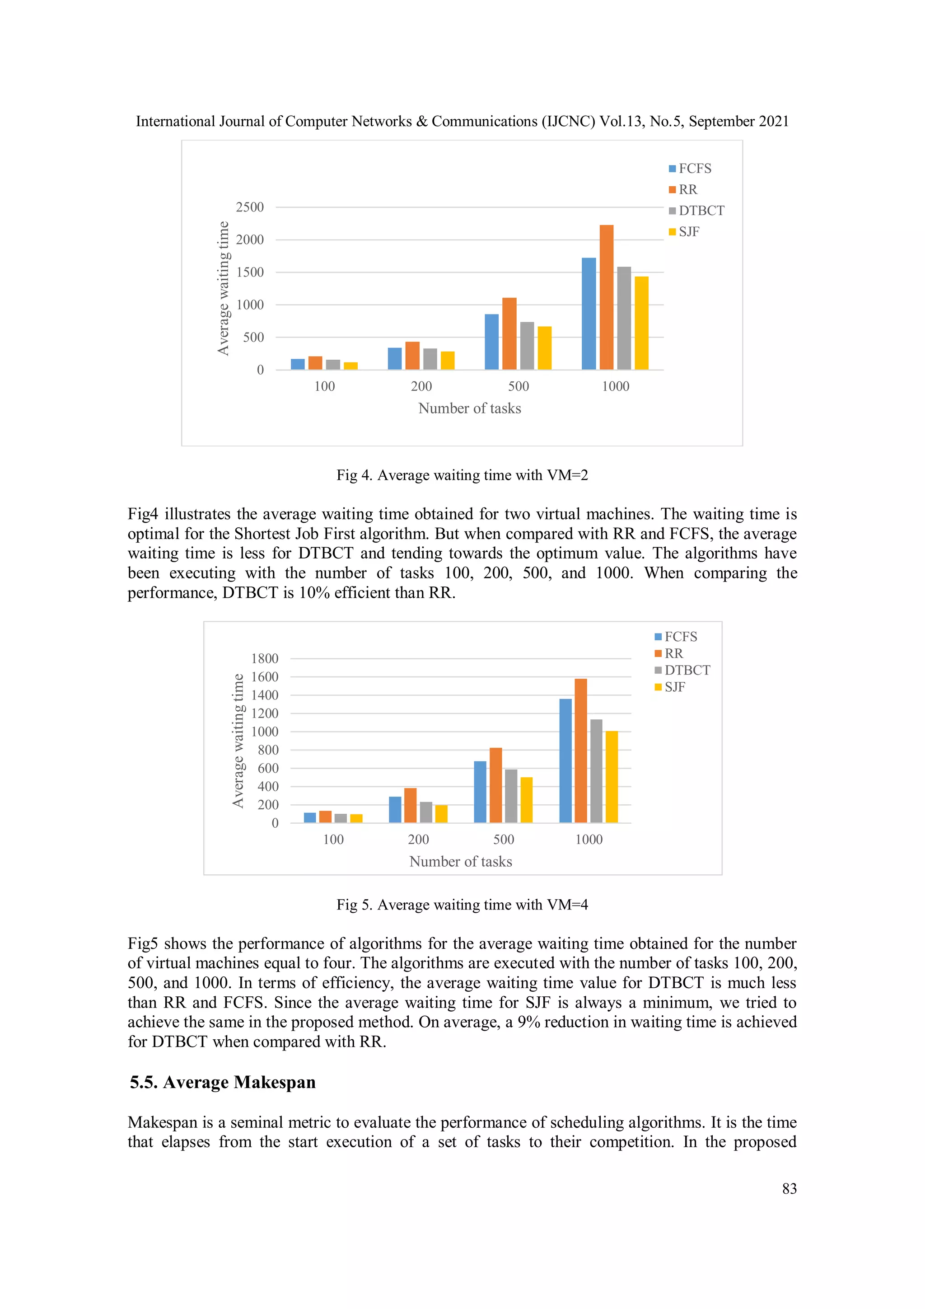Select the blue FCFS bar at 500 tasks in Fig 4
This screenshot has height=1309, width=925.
click(491, 342)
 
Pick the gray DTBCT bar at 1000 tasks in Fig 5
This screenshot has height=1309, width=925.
click(596, 771)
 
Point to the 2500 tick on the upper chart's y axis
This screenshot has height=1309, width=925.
click(250, 207)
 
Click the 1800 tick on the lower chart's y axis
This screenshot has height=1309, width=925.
click(265, 658)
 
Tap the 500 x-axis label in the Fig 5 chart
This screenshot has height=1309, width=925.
click(503, 839)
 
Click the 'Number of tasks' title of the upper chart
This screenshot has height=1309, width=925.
click(469, 408)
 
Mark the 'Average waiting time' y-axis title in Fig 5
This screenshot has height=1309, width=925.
click(238, 741)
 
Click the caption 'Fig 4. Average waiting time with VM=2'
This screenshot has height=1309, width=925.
click(462, 475)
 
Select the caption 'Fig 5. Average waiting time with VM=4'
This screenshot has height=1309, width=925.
click(462, 905)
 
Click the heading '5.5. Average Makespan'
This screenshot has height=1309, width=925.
click(222, 1082)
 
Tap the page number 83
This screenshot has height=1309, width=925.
click(789, 1188)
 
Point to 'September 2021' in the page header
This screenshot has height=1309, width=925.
click(738, 122)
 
